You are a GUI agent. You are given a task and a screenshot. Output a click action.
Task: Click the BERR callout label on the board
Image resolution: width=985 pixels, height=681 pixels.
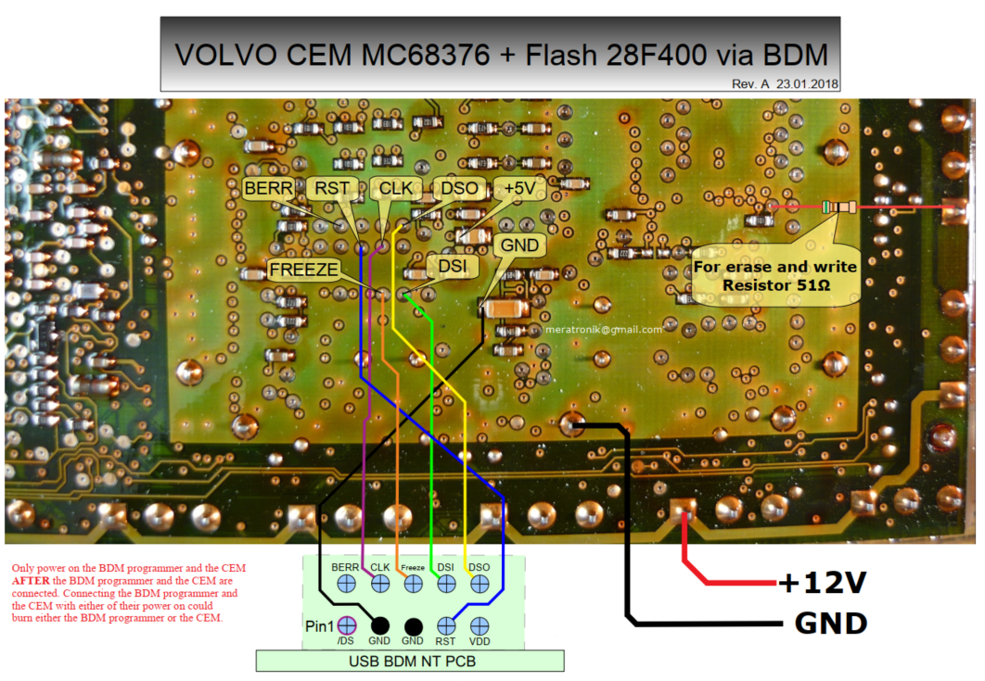(x=268, y=189)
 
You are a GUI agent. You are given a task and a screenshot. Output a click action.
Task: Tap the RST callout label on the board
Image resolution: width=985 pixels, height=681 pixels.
(x=331, y=189)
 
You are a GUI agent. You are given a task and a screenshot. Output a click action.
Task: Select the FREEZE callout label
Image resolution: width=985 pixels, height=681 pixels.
(x=301, y=270)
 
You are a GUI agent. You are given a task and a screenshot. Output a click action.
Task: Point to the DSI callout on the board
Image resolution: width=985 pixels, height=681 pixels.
(x=452, y=267)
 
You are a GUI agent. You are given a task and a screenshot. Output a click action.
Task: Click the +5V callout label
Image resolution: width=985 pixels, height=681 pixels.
(x=518, y=188)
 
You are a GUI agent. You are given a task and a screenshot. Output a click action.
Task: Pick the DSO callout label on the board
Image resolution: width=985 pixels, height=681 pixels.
(x=459, y=189)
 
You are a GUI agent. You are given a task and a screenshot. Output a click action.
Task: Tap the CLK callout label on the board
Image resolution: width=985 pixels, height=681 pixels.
(x=396, y=189)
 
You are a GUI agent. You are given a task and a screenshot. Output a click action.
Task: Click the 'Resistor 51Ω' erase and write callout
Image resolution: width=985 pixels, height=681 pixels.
(x=775, y=276)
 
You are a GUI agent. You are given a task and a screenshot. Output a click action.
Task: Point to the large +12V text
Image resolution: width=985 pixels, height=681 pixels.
(x=822, y=584)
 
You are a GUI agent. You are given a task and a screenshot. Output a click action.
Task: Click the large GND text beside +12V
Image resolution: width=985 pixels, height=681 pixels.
(x=830, y=623)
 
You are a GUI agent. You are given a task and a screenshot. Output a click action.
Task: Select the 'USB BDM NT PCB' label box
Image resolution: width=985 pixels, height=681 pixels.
(x=409, y=661)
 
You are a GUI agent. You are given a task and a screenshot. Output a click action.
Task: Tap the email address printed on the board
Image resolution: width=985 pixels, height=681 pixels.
(x=604, y=330)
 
